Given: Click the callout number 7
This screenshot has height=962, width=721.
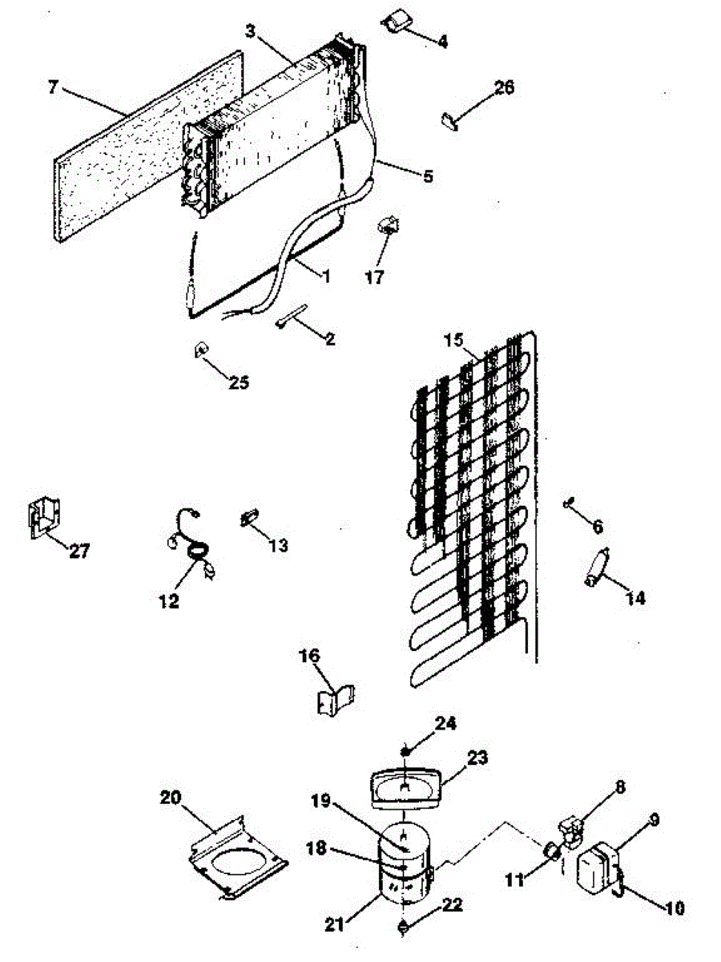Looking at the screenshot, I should pos(53,87).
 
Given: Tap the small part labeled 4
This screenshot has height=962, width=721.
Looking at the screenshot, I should pos(394,23).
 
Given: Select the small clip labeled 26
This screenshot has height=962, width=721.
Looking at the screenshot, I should pos(449,121).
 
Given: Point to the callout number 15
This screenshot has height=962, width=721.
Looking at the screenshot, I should pos(454,339).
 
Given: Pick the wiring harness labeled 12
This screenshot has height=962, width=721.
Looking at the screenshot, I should pos(192,545).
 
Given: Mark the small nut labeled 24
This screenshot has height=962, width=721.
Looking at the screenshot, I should pos(407,750).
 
